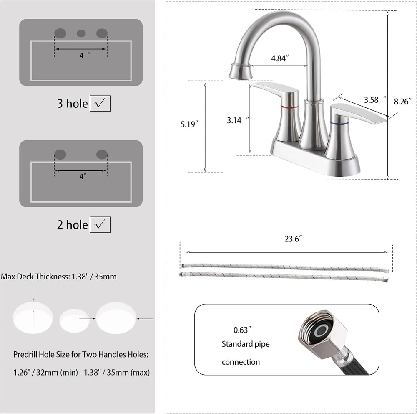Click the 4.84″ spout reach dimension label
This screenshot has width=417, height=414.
coord(280,58)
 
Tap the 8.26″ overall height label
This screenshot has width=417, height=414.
coord(402,102)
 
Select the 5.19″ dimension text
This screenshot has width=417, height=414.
coord(189,124)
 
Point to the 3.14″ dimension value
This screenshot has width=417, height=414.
coord(238,120)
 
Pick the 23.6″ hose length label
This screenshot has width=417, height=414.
coord(293,239)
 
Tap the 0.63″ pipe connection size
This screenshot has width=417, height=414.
coord(242,330)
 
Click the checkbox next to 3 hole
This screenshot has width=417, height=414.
coord(100,103)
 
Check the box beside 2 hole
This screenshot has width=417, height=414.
coord(100,225)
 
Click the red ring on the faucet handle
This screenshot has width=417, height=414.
coord(290,107)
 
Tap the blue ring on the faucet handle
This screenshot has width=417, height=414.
coord(339,123)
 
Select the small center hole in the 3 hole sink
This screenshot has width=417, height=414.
coord(81,33)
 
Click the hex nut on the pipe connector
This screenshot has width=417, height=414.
coord(324,331)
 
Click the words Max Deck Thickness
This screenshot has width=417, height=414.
coord(35,277)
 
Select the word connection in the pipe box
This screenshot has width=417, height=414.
coord(241,362)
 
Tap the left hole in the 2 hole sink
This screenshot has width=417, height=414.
coord(60,155)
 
